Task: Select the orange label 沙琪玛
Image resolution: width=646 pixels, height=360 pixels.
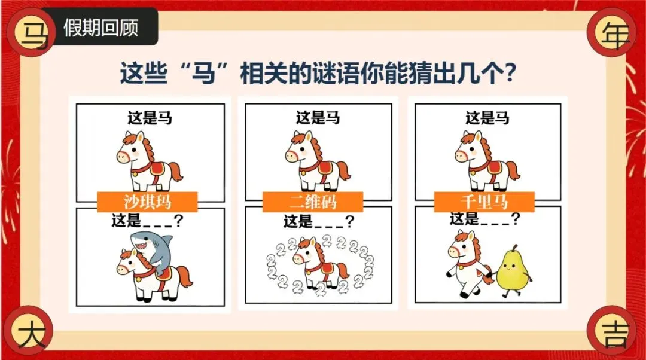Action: pos(148,202)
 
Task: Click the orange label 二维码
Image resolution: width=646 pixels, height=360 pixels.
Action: pos(313,202)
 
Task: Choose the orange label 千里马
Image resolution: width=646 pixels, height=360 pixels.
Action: pos(484,202)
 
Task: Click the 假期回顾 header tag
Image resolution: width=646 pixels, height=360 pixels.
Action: pos(100,27)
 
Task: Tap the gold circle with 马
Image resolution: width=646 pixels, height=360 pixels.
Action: pos(31,32)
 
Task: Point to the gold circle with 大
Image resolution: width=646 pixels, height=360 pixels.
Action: pos(31,330)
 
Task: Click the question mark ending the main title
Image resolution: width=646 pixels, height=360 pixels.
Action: pos(510,73)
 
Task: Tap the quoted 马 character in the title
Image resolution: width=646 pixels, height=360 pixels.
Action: pos(205,73)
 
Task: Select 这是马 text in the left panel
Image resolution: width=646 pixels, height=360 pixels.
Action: pos(150,118)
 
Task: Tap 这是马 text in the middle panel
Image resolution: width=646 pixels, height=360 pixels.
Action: pos(318,118)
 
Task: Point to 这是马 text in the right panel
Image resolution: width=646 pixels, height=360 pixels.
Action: pos(487,118)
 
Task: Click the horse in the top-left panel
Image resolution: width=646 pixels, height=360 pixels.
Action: pos(149,161)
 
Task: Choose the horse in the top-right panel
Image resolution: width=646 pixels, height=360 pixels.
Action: pos(487,161)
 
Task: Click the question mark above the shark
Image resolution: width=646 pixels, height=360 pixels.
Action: pos(178,221)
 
